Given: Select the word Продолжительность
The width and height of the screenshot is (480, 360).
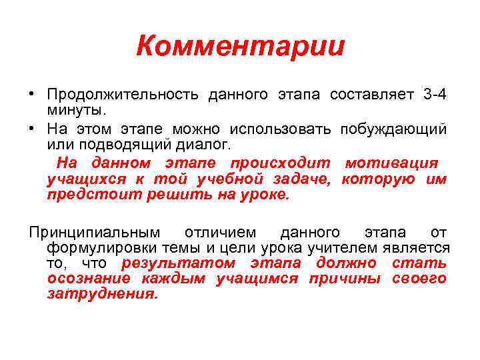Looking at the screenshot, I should coord(123,95).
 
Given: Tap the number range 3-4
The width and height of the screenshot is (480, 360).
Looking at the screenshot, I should coord(434,95).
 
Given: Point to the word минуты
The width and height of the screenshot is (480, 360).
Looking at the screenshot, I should coord(77,109).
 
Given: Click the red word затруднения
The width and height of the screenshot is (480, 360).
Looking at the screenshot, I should coord(103,294).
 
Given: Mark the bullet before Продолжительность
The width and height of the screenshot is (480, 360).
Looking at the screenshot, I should coord(33,95).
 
